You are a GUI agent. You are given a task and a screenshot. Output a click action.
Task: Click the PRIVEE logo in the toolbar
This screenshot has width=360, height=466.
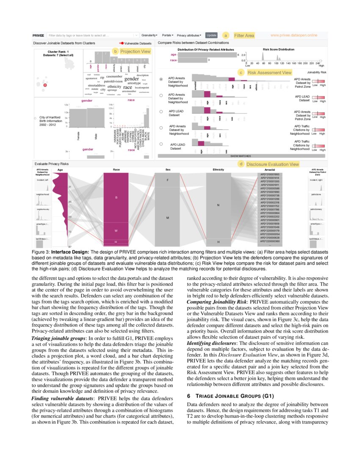[39, 35]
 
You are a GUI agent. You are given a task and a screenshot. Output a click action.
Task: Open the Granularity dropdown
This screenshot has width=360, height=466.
[149, 35]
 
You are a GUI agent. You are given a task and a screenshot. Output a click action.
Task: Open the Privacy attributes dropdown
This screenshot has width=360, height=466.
[189, 35]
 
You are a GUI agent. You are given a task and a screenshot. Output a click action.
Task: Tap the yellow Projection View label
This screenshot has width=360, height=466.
[135, 51]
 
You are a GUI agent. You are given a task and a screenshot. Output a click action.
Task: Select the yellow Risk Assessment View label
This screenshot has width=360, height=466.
[269, 73]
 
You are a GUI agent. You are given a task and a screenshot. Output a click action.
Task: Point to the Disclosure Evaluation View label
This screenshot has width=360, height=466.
[272, 164]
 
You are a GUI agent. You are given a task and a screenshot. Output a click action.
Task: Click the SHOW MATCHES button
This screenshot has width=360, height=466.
[240, 156]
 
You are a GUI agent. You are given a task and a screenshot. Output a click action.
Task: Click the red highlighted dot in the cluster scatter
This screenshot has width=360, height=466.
[45, 86]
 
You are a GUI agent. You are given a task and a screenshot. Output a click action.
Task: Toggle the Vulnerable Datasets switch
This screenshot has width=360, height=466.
[122, 43]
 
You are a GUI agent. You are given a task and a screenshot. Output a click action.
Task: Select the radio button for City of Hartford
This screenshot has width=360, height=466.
[34, 118]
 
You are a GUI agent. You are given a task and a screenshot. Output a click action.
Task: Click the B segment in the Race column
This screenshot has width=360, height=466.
[116, 197]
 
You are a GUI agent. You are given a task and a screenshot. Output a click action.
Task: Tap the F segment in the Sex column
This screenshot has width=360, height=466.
[168, 180]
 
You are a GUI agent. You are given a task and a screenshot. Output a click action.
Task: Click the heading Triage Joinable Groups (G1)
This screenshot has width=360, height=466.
[231, 396]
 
